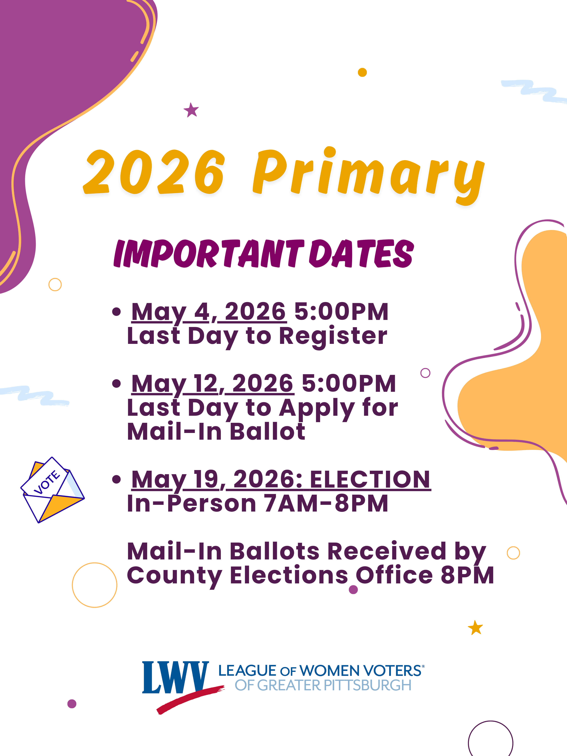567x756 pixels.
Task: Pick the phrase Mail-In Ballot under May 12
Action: tap(216, 432)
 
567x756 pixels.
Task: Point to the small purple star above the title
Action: tap(191, 110)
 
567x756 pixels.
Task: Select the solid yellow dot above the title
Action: tap(362, 73)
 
